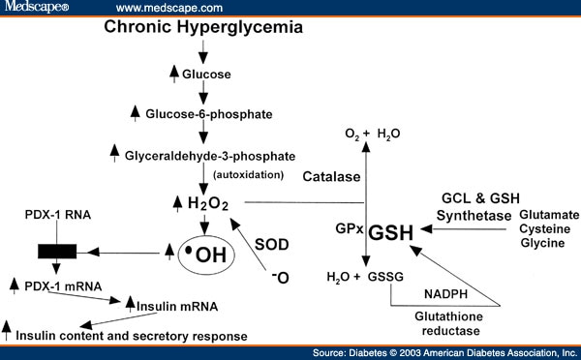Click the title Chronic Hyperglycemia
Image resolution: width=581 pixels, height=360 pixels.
pos(203,27)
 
